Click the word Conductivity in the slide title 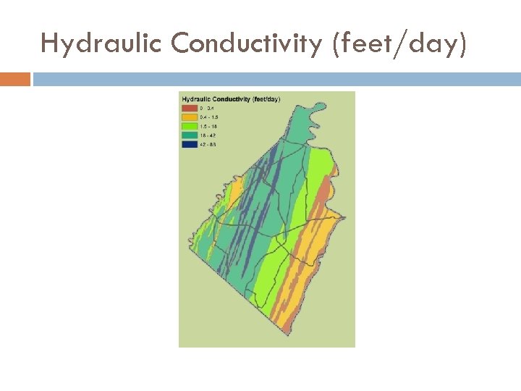[245, 44]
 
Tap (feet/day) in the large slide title [399, 44]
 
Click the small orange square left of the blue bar [15, 78]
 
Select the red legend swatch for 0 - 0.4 [189, 108]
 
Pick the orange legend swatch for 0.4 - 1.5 [189, 117]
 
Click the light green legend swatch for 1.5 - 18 [189, 126]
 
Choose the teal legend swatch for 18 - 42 [189, 135]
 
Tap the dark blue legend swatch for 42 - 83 [189, 144]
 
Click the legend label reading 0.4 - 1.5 [208, 117]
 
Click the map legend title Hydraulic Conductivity [230, 98]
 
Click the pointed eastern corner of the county [342, 215]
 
